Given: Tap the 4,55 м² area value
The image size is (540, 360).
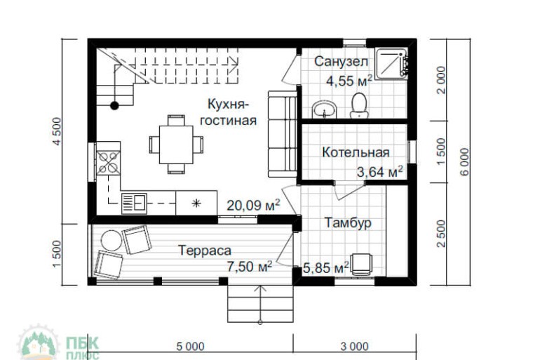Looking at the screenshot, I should point(349,81).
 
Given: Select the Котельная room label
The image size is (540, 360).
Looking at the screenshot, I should point(356,152).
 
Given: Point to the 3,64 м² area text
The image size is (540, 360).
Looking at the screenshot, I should point(379,171).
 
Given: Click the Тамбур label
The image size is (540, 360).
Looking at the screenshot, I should point(348,222).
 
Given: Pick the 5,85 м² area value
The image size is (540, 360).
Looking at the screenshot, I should point(326,267).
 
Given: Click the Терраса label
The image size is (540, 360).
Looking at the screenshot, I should point(205,249).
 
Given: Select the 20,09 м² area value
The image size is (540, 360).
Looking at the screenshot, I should point(253,205).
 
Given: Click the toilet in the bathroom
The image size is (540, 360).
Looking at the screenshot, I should point(360,104).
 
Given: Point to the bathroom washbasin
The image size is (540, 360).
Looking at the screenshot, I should point(324,109).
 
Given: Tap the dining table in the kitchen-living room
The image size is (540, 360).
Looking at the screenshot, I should point(175,144).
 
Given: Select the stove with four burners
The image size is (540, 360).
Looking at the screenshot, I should point(109,162).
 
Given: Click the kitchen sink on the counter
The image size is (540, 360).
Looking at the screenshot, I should point(133,204).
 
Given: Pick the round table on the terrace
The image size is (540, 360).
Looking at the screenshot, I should point(110,240).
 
